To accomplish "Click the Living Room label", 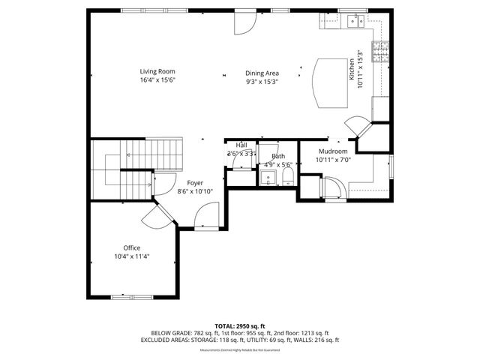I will coord(151,71).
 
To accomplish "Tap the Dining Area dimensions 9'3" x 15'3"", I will coord(262,82).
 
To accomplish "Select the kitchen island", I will coord(329,82).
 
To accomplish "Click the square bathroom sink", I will coord(266,178).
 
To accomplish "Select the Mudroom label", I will coord(333,151).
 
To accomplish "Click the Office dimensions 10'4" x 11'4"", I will coord(131,257).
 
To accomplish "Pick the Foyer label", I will coord(195,182).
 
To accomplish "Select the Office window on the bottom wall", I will coord(132,298).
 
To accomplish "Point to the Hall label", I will coord(241,145).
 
